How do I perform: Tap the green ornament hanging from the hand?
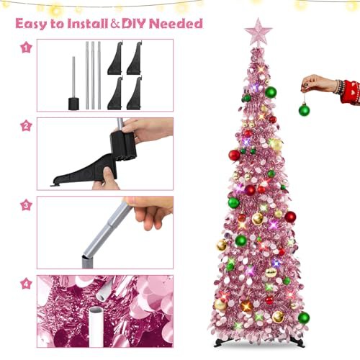tap(304, 110)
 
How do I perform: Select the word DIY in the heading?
tap(134, 24)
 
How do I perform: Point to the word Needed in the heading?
tap(176, 24)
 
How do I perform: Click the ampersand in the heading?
tap(115, 24)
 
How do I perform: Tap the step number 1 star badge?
tap(26, 48)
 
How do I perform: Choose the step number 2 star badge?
tap(26, 126)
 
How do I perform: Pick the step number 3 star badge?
tap(26, 205)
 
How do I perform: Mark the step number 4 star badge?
tap(26, 284)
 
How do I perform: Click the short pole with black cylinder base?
tap(73, 84)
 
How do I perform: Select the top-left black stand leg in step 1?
tap(115, 58)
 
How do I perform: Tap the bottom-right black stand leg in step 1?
tap(135, 94)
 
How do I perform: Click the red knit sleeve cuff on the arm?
tap(351, 92)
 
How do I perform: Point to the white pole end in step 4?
tap(96, 327)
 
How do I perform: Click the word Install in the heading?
tap(88, 24)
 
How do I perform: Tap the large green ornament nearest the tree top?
tap(271, 92)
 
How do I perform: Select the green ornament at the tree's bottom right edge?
tap(304, 318)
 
